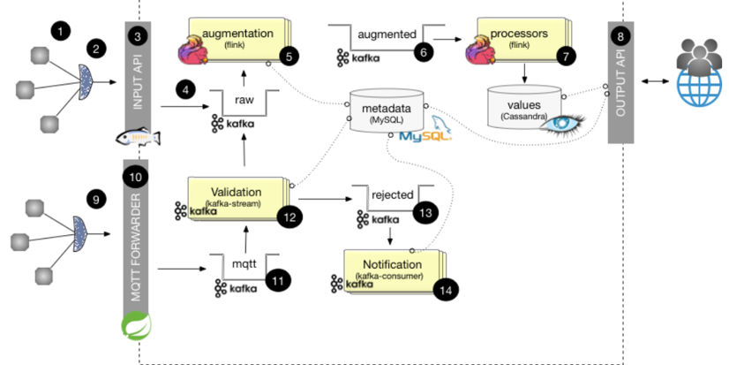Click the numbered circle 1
(x=59, y=32)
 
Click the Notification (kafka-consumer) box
(x=391, y=269)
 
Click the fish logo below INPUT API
(x=139, y=138)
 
